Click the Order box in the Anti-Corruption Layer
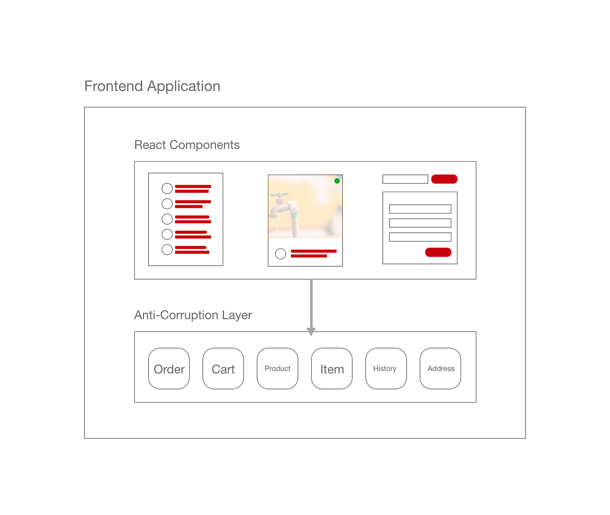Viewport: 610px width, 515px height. click(x=169, y=369)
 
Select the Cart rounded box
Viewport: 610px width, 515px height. click(x=223, y=369)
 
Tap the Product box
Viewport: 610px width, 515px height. click(x=278, y=369)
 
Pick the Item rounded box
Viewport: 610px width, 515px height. click(x=332, y=369)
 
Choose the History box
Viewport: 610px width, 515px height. click(x=386, y=369)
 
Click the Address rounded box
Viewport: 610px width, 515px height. click(x=440, y=369)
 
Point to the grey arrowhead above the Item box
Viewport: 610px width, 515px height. click(x=311, y=331)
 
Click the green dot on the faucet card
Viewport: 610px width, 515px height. click(x=337, y=181)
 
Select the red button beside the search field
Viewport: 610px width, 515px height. click(x=444, y=179)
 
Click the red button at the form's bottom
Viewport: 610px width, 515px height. click(x=438, y=252)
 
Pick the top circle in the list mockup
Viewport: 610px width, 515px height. click(x=167, y=189)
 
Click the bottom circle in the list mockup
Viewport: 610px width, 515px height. click(x=167, y=250)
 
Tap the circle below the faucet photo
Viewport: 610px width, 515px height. click(x=281, y=254)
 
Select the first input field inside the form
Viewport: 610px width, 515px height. click(x=420, y=209)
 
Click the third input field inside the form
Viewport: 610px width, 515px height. click(x=420, y=237)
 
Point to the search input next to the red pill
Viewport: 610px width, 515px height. click(x=405, y=179)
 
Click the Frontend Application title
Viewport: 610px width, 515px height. click(x=152, y=86)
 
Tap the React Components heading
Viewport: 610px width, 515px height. click(x=187, y=145)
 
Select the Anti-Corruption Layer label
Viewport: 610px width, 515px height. click(x=193, y=315)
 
